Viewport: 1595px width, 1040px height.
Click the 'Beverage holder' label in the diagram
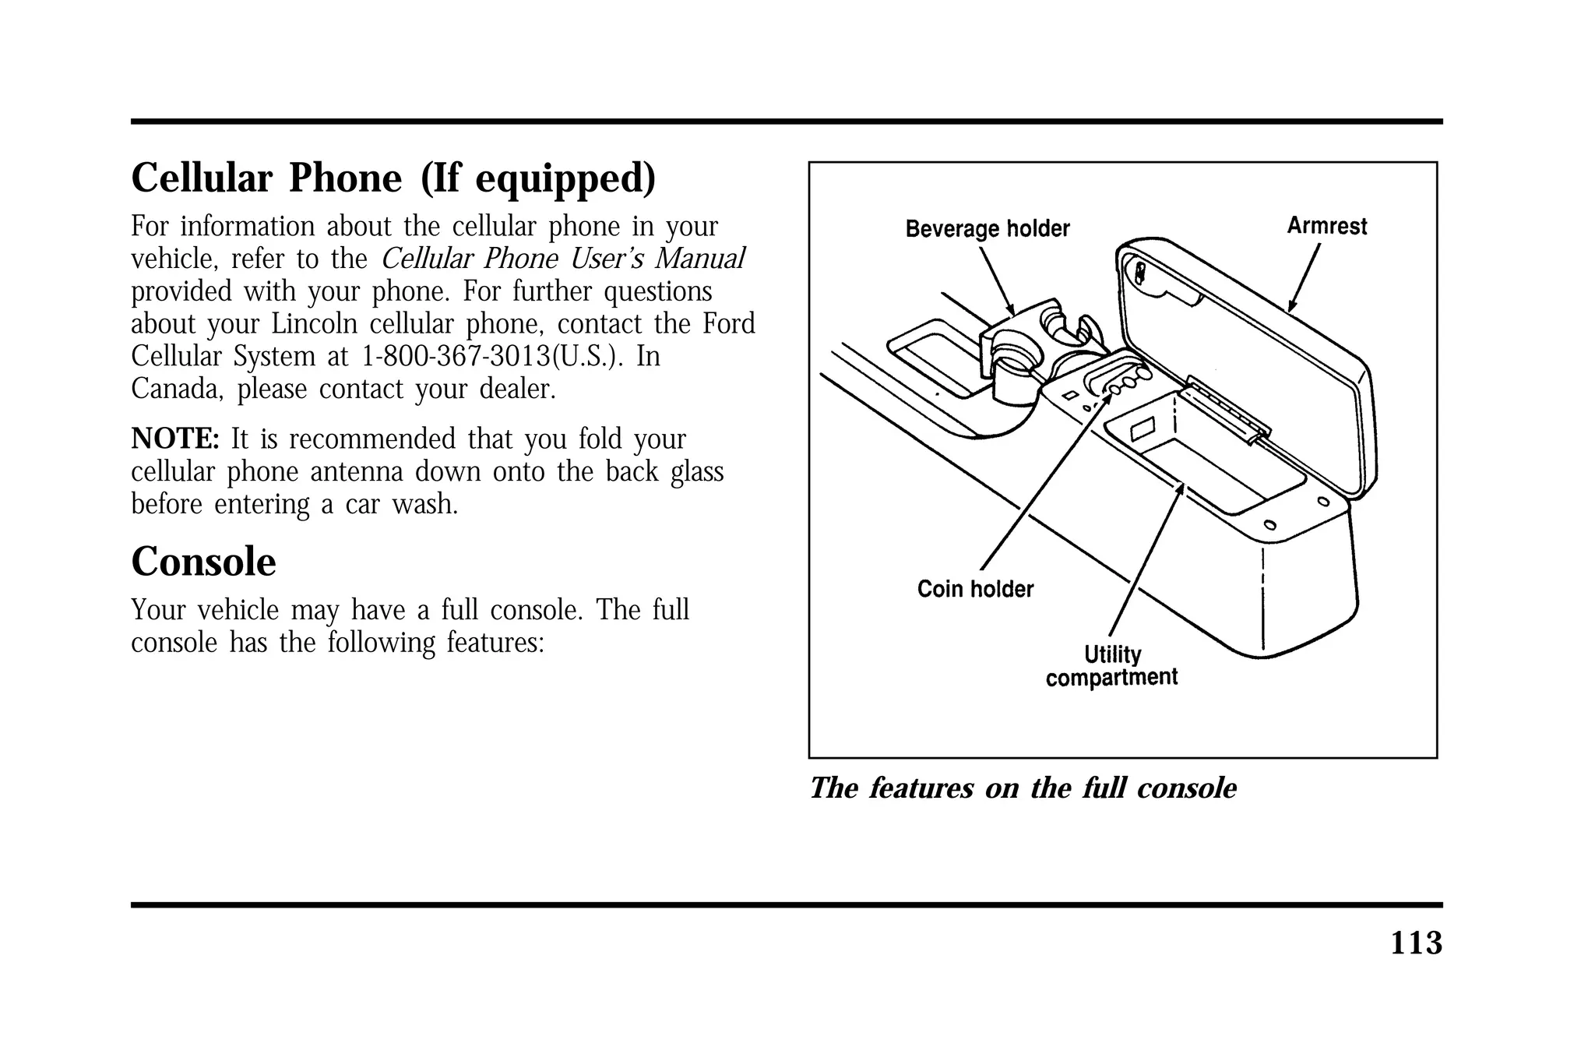pos(987,229)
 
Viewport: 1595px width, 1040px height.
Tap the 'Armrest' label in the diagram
pos(1326,226)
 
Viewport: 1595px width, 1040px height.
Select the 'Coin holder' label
pos(974,589)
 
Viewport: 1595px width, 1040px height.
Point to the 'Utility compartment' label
pos(1111,666)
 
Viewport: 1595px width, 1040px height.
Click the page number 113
pos(1416,943)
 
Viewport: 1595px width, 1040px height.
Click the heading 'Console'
pos(203,562)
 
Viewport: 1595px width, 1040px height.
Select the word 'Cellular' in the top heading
pos(202,178)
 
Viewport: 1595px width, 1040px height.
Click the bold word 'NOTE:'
pos(176,439)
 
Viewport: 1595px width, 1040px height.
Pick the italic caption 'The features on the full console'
pos(1023,788)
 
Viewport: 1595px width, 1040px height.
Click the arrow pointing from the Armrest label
pos(1305,277)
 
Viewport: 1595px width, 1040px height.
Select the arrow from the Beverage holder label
pos(996,280)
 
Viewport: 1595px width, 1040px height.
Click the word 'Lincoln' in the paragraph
pos(314,324)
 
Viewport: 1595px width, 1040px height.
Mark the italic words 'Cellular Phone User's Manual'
pos(563,259)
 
